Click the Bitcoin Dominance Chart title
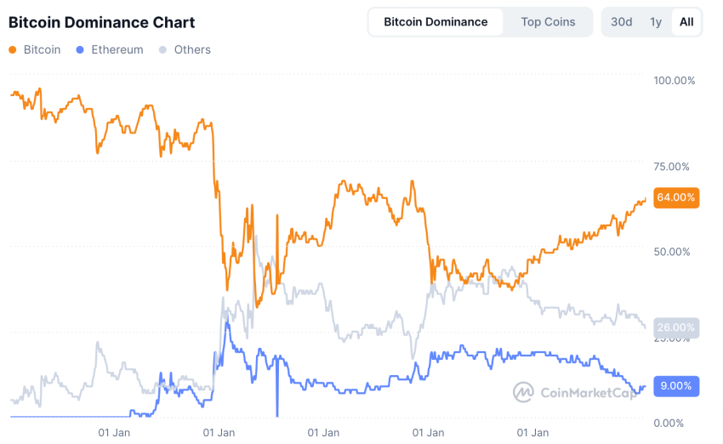[x=101, y=22]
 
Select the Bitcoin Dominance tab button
[x=436, y=22]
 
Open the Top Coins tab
[x=548, y=22]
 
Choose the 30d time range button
[x=621, y=22]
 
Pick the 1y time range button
[x=655, y=22]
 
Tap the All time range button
[x=686, y=22]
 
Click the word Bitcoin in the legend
[x=42, y=50]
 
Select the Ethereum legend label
[x=117, y=50]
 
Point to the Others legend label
[x=192, y=50]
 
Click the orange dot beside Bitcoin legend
[x=13, y=50]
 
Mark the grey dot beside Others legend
[x=163, y=50]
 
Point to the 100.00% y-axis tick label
[x=674, y=81]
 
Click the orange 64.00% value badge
[x=676, y=197]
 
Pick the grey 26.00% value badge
[x=676, y=327]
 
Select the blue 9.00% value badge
[x=677, y=386]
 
